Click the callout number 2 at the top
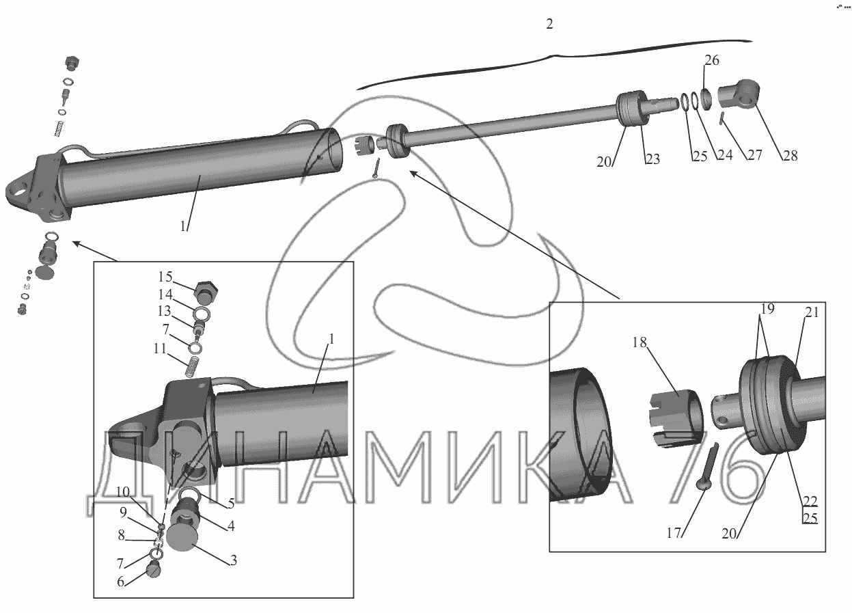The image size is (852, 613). click(549, 24)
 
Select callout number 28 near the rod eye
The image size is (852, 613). click(791, 155)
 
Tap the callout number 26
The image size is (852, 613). click(711, 60)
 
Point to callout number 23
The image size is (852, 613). click(652, 159)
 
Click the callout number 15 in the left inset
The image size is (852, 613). click(166, 277)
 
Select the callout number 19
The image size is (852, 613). click(767, 309)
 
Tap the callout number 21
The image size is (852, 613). click(811, 312)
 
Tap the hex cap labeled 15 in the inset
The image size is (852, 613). click(204, 292)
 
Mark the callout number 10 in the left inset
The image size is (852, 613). click(123, 492)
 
